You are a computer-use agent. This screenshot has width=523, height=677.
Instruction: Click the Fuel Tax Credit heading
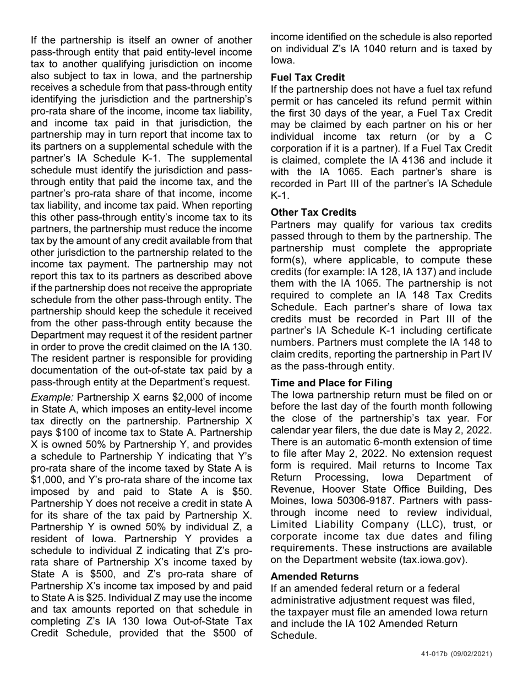[x=307, y=78]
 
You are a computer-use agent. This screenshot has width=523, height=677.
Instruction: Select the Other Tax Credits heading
[x=313, y=212]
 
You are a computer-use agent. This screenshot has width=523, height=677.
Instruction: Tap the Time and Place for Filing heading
[x=331, y=383]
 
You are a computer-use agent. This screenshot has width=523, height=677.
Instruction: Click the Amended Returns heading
[x=314, y=576]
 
